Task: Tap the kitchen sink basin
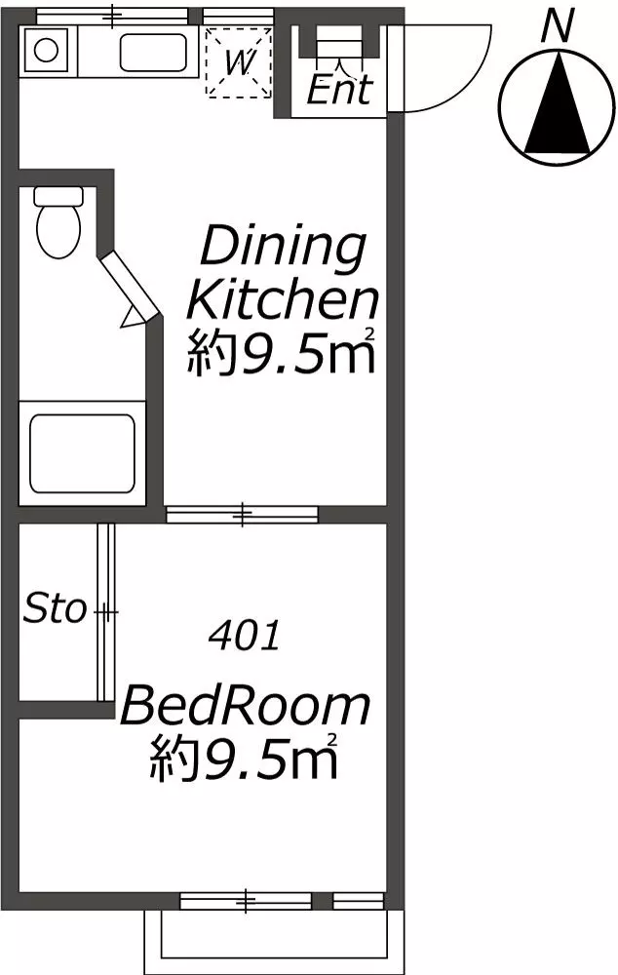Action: (153, 53)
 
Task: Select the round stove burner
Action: (46, 50)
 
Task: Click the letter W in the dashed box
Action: (239, 62)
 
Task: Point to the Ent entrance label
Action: (339, 89)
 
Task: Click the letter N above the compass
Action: (558, 27)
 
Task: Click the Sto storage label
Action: (55, 608)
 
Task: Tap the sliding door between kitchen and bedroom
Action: (242, 514)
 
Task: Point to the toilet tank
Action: (58, 197)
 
